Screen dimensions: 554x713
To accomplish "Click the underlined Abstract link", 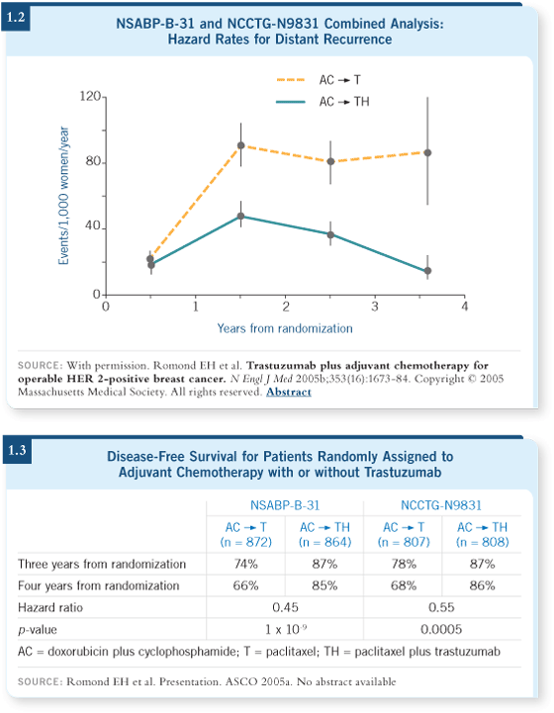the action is (288, 392).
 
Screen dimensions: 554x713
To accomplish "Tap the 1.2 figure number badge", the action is (16, 17).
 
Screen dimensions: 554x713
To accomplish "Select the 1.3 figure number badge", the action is (17, 450).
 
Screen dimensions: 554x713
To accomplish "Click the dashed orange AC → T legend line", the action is (291, 80).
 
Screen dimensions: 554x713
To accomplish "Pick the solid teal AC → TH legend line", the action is (291, 102).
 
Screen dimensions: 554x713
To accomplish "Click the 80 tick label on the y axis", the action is (93, 161).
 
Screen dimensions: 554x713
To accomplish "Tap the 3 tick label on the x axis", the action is (375, 307).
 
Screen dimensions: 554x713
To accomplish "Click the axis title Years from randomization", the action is (285, 328).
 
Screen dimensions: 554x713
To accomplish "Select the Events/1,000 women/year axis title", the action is (63, 196).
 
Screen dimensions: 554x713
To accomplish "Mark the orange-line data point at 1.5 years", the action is (241, 145).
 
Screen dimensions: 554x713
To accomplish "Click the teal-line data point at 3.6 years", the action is (427, 271).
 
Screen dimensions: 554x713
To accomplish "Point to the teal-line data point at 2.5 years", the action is (330, 235).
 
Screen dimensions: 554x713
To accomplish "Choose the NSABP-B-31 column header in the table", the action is (285, 505).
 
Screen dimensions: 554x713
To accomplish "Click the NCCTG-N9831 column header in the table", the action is (441, 505).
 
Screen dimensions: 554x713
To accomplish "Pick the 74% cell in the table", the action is (246, 564).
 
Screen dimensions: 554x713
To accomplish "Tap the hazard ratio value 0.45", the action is (285, 607).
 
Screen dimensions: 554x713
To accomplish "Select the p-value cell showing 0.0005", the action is (441, 629).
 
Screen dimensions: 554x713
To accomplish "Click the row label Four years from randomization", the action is (99, 585).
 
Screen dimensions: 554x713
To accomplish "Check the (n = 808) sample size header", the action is (482, 542).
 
